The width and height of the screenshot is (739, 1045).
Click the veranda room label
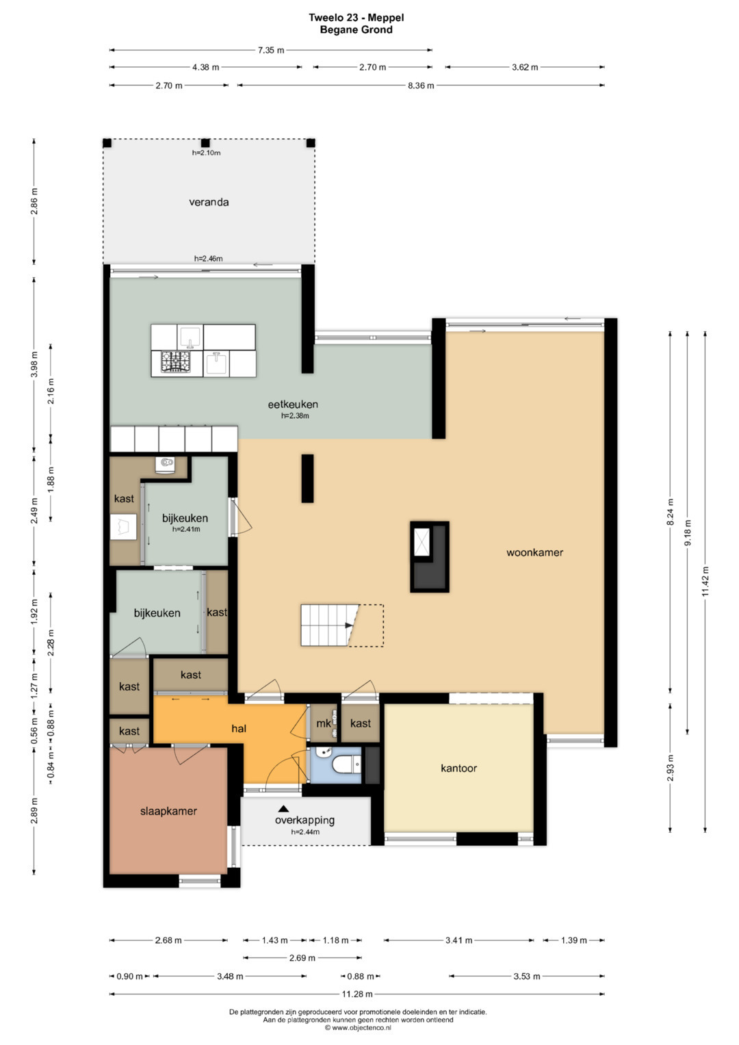pos(209,202)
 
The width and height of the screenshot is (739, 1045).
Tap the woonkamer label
pos(534,552)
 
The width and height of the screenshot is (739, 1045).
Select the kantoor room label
pos(458,768)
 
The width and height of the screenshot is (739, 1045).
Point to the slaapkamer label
pos(168,811)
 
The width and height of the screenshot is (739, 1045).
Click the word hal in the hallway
pos(239,728)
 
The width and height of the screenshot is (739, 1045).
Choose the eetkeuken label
pos(293,404)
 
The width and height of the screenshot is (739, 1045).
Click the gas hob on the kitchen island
pos(176,361)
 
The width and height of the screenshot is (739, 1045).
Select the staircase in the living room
pos(342,625)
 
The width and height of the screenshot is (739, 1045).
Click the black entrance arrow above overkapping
pos(284,808)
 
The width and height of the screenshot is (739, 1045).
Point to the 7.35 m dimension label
pos(270,50)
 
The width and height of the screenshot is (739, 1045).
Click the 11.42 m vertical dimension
pos(705,581)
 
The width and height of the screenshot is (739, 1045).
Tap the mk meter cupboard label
pos(323,723)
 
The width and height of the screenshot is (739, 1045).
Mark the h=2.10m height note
pos(206,153)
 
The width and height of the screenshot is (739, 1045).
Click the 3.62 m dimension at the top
pos(525,67)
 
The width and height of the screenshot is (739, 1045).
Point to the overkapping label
pos(304,820)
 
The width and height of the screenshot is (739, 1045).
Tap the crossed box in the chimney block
pos(422,542)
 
